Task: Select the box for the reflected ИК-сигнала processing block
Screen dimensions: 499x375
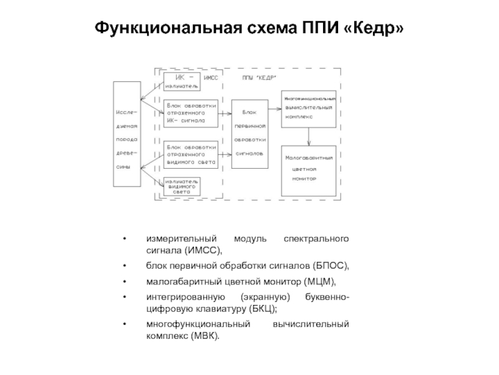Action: pos(191,113)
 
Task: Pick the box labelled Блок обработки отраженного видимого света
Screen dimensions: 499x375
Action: pos(191,154)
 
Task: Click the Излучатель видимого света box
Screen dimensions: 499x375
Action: pos(182,186)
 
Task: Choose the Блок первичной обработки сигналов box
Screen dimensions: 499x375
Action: pos(249,133)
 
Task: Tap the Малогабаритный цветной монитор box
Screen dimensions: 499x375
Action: pos(309,169)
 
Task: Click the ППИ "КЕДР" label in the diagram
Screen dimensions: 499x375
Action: pos(259,77)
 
